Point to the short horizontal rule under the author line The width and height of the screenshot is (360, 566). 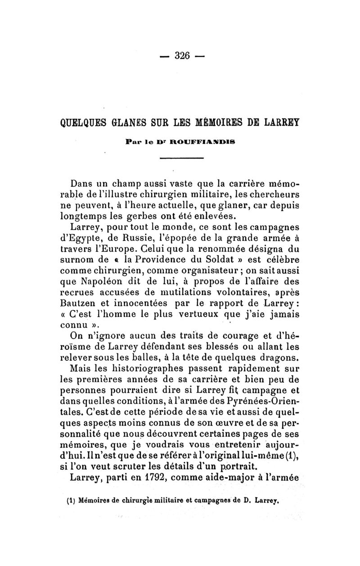point(182,158)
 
